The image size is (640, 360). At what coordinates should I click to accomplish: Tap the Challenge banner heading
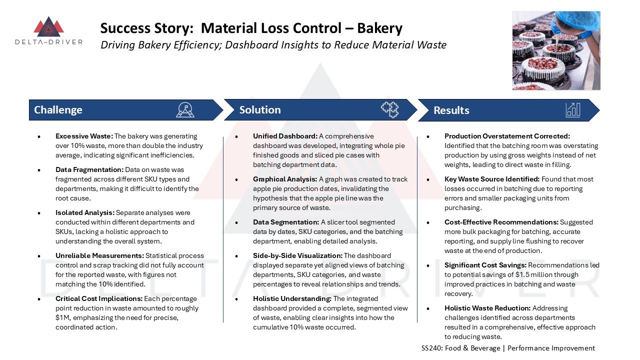point(58,110)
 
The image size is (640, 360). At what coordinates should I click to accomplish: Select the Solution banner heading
point(260,110)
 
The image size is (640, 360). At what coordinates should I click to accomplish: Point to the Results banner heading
point(451,110)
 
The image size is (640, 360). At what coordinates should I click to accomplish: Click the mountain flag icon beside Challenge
point(185,109)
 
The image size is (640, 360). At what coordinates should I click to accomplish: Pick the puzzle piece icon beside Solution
point(389,109)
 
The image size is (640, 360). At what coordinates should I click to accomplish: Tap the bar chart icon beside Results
point(573,109)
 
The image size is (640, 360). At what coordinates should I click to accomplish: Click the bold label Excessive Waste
point(84,136)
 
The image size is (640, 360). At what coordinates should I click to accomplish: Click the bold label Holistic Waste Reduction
point(487,308)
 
